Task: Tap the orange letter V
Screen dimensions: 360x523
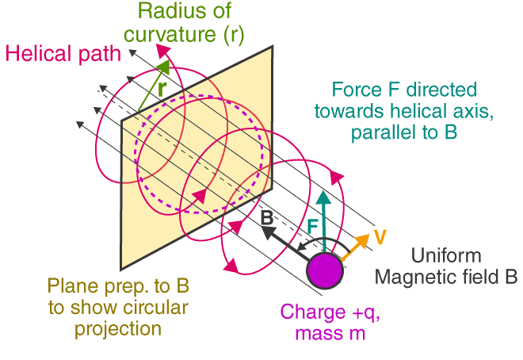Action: click(x=380, y=236)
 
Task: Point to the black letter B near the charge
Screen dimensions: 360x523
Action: click(x=267, y=216)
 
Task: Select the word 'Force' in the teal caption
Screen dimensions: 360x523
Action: click(x=354, y=89)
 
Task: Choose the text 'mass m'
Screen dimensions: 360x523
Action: click(x=330, y=334)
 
